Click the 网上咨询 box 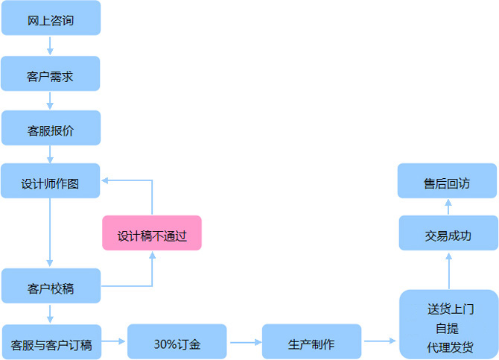pyautogui.click(x=51, y=19)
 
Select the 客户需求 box pyautogui.click(x=51, y=74)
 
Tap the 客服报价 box pyautogui.click(x=51, y=129)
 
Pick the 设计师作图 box pyautogui.click(x=51, y=181)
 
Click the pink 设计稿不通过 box pyautogui.click(x=152, y=234)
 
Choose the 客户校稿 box pyautogui.click(x=51, y=286)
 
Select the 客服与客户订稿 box pyautogui.click(x=51, y=343)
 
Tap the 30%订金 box pyautogui.click(x=177, y=343)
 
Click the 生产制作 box pyautogui.click(x=311, y=343)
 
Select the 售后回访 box pyautogui.click(x=447, y=182)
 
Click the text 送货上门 pyautogui.click(x=451, y=308)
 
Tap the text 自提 pyautogui.click(x=447, y=328)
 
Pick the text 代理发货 pyautogui.click(x=450, y=347)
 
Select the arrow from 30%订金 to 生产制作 pyautogui.click(x=244, y=343)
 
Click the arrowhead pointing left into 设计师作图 pyautogui.click(x=106, y=180)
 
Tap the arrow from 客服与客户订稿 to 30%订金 pyautogui.click(x=113, y=341)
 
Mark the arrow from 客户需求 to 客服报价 pyautogui.click(x=50, y=101)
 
